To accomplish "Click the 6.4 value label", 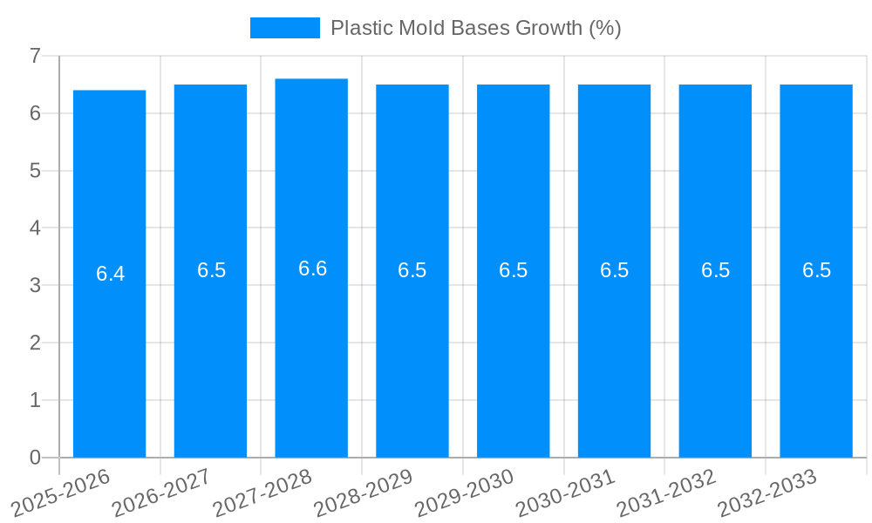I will (x=110, y=274).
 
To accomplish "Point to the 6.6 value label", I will (x=312, y=268).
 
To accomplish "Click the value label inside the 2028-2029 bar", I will (x=412, y=270).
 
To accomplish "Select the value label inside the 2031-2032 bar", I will (x=715, y=270).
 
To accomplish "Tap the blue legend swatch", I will (x=284, y=28).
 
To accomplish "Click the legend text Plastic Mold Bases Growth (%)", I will (x=475, y=28).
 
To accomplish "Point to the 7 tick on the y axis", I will (x=36, y=56).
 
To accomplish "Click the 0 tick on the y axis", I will (x=36, y=458).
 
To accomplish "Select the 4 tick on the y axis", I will (x=36, y=228).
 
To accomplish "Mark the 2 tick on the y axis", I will (x=36, y=343).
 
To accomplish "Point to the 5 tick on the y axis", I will (x=36, y=171).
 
